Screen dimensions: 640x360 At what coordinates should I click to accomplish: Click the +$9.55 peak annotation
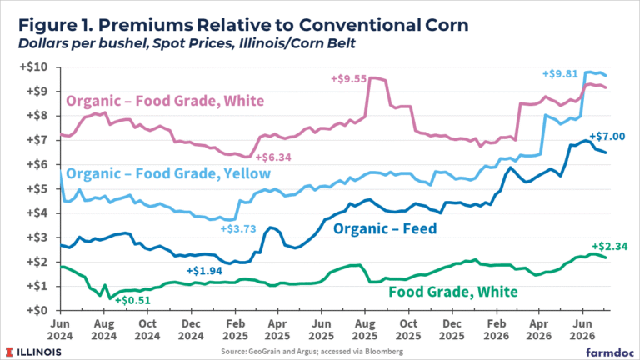348,79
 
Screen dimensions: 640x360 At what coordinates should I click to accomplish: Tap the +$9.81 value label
560,74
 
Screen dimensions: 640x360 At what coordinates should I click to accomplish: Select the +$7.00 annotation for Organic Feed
607,137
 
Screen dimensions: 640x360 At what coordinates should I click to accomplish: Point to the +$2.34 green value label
610,246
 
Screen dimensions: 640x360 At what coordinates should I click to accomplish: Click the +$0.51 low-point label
132,300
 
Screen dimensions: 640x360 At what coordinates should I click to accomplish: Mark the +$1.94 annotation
204,271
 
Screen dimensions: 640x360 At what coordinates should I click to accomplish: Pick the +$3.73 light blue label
238,228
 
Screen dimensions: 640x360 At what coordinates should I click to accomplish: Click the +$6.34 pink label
273,157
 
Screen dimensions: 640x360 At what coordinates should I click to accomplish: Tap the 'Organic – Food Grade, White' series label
165,101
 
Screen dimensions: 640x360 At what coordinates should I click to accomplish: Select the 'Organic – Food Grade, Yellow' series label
168,173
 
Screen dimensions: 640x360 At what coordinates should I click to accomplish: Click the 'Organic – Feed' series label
385,228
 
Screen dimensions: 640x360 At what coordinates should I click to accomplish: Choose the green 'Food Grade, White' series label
453,292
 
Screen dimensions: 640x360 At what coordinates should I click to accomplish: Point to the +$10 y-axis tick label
33,67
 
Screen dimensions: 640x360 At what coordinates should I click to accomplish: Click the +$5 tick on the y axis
37,188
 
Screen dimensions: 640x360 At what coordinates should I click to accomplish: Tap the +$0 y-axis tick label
37,310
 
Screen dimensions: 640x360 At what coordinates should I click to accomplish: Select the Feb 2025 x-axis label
235,330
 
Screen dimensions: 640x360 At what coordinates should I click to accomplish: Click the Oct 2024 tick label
147,330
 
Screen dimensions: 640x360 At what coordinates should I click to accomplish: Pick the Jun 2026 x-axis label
582,330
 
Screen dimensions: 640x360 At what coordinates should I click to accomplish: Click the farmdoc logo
610,352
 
